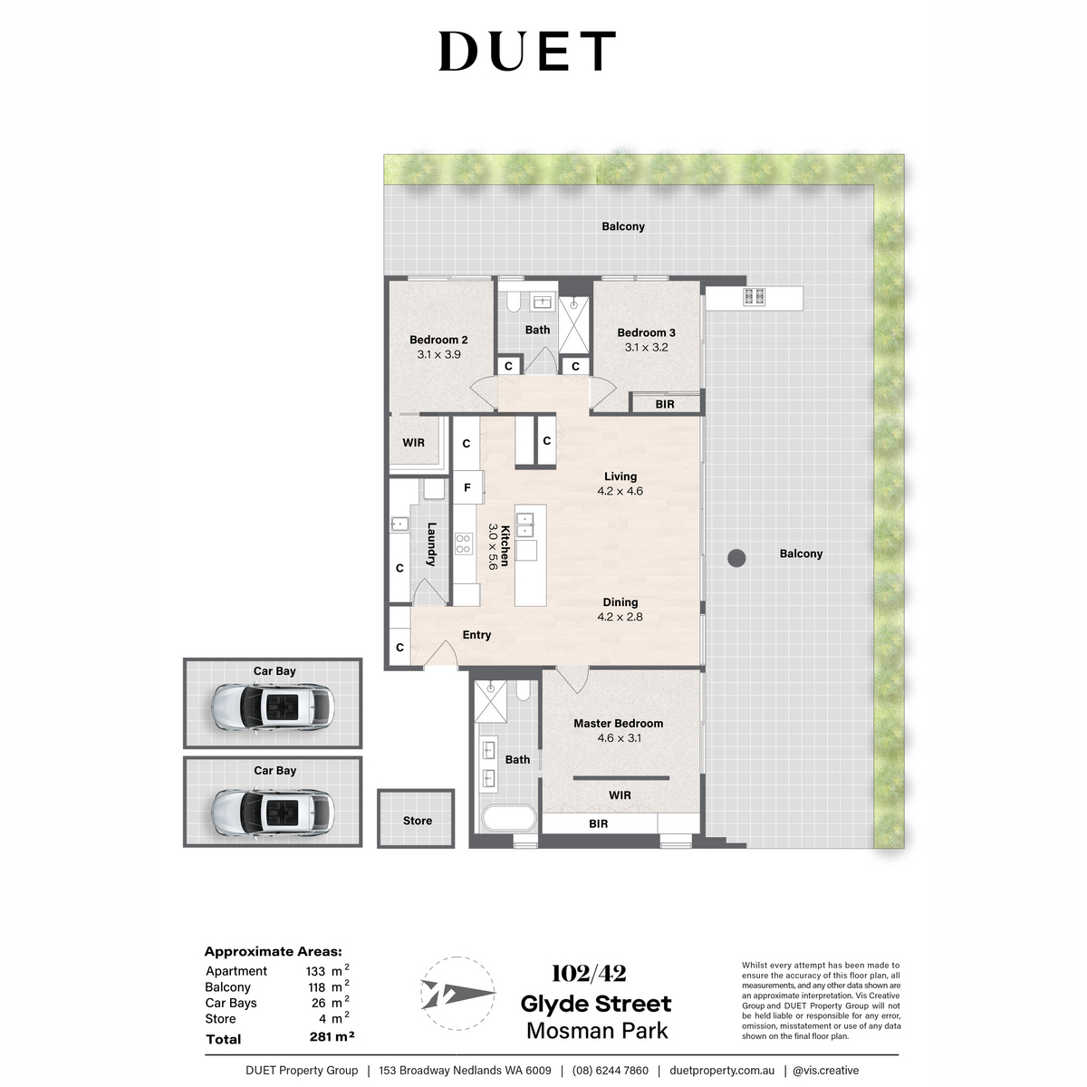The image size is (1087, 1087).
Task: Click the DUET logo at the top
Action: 527,51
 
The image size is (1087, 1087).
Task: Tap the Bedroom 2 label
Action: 438,340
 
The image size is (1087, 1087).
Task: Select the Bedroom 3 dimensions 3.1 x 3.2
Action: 646,348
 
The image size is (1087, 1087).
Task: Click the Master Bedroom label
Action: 619,723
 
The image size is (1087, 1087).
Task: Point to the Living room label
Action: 620,476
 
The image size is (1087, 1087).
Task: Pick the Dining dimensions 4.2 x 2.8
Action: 620,617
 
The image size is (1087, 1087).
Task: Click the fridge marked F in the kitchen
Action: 467,487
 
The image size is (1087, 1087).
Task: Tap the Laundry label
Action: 431,544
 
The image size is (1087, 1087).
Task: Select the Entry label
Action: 476,635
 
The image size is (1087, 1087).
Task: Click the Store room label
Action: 418,821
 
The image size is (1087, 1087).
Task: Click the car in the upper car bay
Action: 273,707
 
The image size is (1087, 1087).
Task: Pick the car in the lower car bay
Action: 273,813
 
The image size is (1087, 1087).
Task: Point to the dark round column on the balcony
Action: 736,559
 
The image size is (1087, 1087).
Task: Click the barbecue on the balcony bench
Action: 755,297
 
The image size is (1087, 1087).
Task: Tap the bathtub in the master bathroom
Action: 509,818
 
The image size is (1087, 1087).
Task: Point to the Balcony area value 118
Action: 316,987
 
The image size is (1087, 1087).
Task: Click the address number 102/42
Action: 589,974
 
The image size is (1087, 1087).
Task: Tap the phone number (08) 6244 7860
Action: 611,1070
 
